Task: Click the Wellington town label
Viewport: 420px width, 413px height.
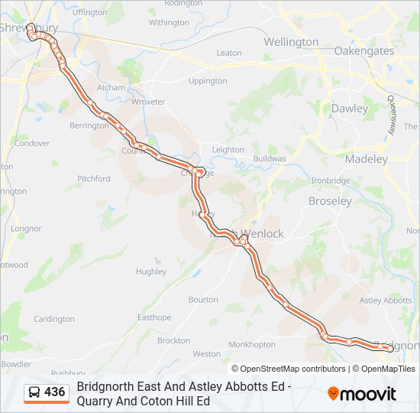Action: point(291,42)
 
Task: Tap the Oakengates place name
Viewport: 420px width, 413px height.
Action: point(364,51)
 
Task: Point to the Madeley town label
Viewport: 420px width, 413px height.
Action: point(367,159)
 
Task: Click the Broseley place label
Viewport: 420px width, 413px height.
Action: point(329,201)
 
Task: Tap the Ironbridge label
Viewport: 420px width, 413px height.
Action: point(330,180)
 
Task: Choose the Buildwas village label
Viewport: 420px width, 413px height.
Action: point(270,158)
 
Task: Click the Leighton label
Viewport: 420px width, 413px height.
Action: point(228,150)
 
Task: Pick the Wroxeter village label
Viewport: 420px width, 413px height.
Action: point(148,101)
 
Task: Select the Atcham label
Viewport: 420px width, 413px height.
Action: point(111,88)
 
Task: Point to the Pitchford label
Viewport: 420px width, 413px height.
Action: point(94,179)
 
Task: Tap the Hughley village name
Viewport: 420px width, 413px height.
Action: point(151,272)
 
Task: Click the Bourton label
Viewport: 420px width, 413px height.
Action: point(203,300)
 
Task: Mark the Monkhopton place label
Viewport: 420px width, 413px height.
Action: point(251,344)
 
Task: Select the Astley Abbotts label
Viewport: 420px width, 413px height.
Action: point(385,301)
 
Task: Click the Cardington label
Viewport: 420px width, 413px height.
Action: point(53,319)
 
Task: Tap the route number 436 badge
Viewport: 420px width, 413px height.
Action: point(55,392)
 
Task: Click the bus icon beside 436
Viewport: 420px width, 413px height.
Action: point(35,393)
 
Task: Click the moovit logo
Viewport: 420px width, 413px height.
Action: point(362,394)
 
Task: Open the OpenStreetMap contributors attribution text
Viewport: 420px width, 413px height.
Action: point(292,369)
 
